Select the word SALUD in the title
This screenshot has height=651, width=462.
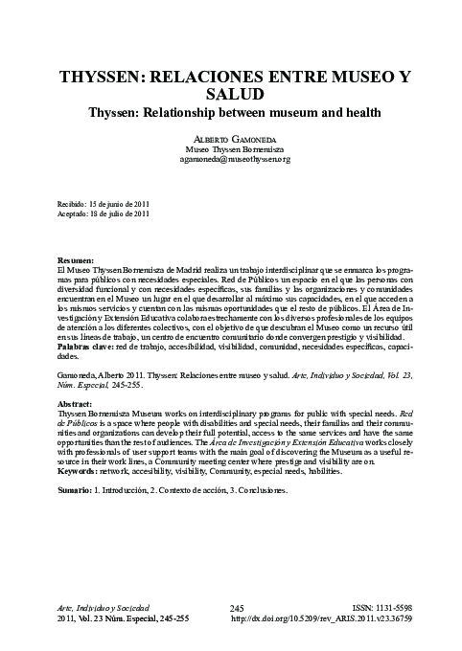(230, 94)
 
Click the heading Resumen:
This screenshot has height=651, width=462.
(77, 260)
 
